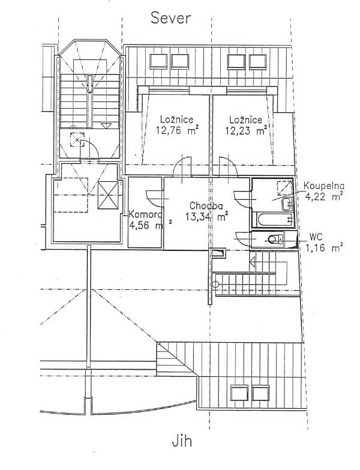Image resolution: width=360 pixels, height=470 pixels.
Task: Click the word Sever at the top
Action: click(x=170, y=18)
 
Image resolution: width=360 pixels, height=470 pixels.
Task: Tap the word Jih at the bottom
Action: click(x=182, y=441)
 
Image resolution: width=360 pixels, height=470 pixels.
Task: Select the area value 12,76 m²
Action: click(x=177, y=130)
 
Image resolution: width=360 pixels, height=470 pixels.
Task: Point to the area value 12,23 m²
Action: click(x=246, y=130)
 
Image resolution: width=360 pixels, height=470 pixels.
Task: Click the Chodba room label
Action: click(x=206, y=206)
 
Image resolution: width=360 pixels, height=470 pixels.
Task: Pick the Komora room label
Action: click(x=145, y=215)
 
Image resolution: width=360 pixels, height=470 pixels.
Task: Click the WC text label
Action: click(x=316, y=237)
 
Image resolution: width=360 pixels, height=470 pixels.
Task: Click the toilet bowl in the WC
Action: click(x=275, y=239)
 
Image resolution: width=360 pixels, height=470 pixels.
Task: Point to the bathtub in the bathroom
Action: click(x=274, y=220)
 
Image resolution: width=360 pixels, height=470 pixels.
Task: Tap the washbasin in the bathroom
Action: click(x=287, y=204)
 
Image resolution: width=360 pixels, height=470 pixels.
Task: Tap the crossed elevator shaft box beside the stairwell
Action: click(x=108, y=195)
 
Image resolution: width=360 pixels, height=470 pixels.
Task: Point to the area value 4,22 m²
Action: click(x=324, y=197)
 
